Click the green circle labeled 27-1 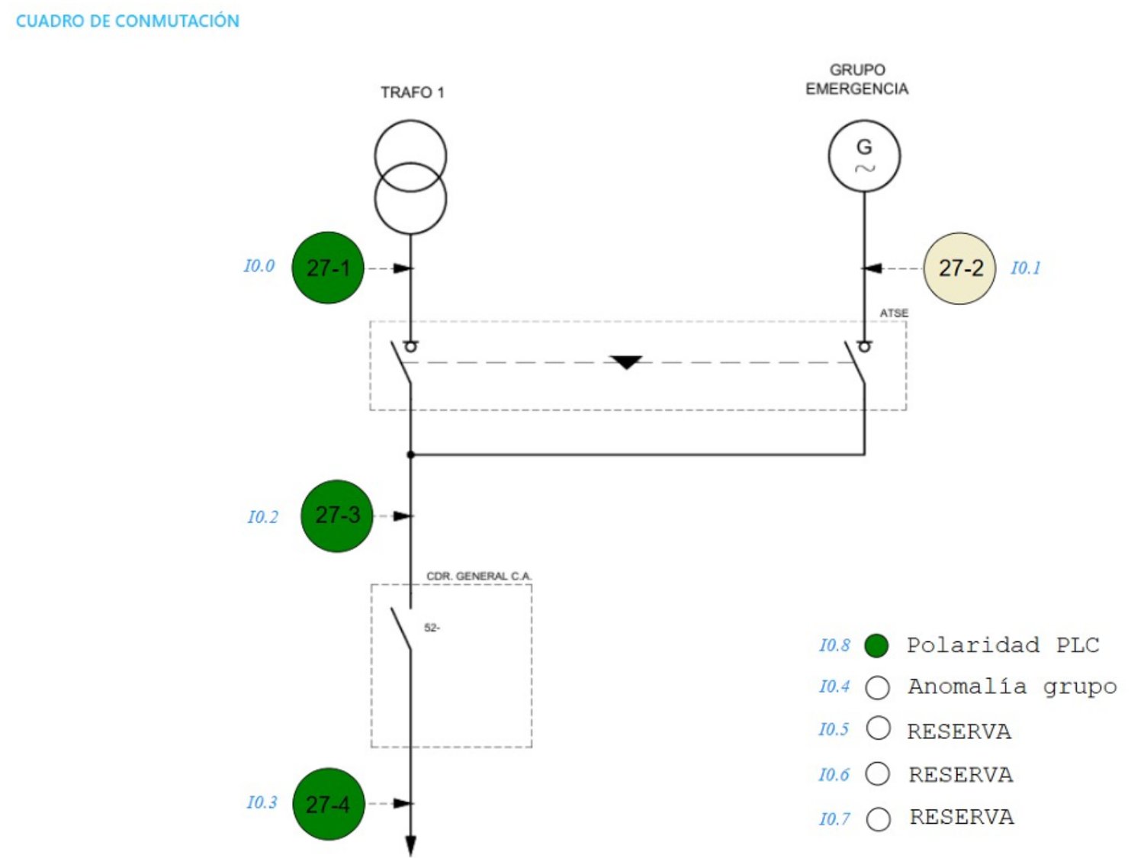[x=327, y=268]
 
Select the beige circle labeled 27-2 [x=959, y=268]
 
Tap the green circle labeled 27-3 [x=336, y=516]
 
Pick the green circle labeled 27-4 [x=328, y=804]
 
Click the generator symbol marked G [x=864, y=156]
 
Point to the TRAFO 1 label [x=412, y=93]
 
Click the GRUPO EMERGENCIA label [x=856, y=79]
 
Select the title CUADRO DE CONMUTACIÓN [x=127, y=21]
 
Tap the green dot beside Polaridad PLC [x=876, y=645]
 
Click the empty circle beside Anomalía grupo [x=877, y=688]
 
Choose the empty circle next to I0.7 [x=878, y=819]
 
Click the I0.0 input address [x=259, y=265]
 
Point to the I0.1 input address [x=1025, y=268]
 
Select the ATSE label [x=894, y=313]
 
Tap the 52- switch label [x=432, y=628]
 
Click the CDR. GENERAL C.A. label [x=479, y=576]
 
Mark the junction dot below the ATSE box [x=410, y=455]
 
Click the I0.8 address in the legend [x=834, y=645]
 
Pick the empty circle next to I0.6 [x=877, y=774]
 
